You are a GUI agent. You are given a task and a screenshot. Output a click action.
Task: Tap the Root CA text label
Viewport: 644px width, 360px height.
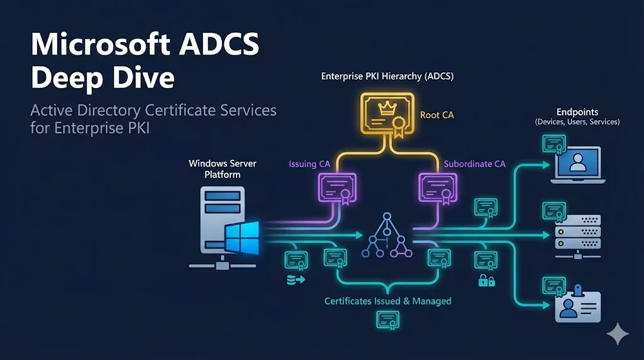436,115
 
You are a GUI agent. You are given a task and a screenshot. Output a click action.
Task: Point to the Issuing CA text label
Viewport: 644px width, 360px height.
309,164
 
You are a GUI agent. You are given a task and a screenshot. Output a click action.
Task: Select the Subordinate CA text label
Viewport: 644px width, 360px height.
474,164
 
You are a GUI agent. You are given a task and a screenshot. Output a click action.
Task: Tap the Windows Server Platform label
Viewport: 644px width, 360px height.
223,169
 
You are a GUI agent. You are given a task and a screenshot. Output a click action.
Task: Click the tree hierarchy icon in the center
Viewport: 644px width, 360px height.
387,236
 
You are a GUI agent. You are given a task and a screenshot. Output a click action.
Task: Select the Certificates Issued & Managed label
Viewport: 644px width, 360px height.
387,301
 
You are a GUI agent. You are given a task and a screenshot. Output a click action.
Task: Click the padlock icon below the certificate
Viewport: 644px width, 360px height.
486,279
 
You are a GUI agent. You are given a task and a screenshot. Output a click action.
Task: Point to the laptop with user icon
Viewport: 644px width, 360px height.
577,165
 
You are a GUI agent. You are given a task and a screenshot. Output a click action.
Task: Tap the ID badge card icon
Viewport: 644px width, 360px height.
577,305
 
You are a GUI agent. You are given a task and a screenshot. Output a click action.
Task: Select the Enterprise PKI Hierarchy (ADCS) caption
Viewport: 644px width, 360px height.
387,76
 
